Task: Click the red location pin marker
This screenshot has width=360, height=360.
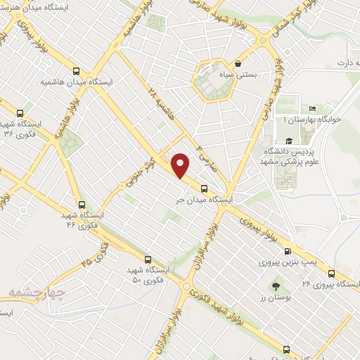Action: point(181,165)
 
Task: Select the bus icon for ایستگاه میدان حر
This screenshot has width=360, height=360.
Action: point(204,188)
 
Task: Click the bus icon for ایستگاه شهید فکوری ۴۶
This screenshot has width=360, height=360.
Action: point(83,204)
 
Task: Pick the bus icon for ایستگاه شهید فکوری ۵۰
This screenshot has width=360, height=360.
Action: point(148,259)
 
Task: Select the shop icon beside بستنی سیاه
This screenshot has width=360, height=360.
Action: point(238,63)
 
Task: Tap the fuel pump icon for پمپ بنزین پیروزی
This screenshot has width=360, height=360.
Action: point(287,251)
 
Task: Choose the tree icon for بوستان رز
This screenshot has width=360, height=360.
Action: point(276,287)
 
